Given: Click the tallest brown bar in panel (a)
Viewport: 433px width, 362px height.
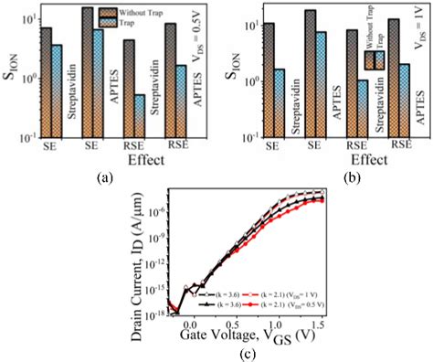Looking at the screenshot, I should tap(88, 73).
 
